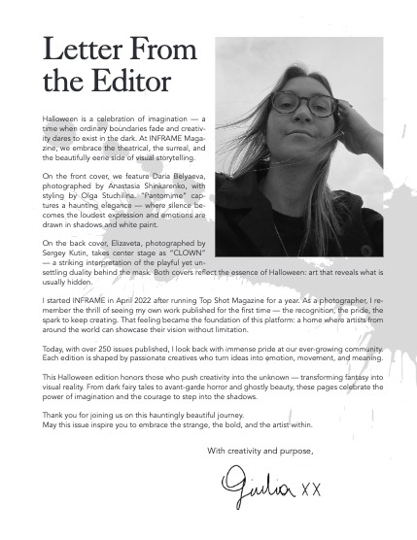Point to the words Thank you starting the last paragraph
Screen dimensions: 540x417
click(x=60, y=413)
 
